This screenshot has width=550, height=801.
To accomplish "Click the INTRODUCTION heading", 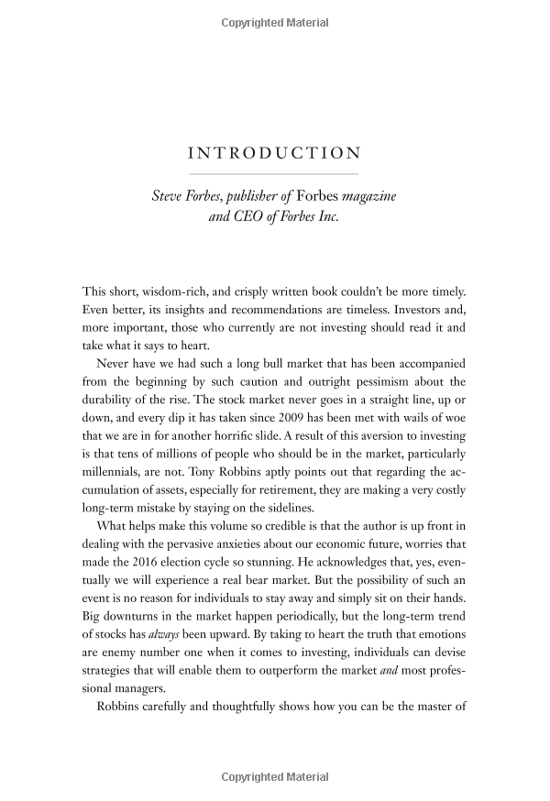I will tap(274, 153).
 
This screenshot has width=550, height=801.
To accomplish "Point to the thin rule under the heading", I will tap(274, 173).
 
